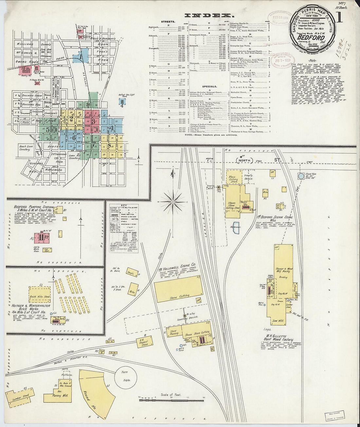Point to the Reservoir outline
coord(236,227)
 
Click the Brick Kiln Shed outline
coord(40,296)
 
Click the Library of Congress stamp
coord(335,416)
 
